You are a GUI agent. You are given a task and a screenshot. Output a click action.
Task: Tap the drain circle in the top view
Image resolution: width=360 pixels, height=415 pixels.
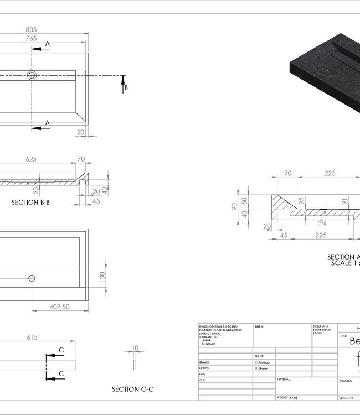32,75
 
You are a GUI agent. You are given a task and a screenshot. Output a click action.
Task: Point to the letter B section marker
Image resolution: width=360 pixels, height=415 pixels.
126,87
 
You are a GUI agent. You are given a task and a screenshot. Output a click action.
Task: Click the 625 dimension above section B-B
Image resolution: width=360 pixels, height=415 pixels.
31,159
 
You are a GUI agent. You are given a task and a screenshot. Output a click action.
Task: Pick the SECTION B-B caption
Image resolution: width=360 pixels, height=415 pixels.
30,203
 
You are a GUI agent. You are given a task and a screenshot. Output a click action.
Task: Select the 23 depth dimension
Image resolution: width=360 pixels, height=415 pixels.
35,190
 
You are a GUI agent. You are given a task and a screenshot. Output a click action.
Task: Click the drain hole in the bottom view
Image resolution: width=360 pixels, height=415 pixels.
32,277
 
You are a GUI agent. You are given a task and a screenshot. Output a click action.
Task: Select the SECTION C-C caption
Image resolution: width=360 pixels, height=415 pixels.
132,390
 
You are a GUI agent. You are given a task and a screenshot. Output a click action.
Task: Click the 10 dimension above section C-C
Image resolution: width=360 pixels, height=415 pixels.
134,349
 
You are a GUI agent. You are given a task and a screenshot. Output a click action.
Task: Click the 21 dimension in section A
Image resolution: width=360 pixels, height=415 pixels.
344,201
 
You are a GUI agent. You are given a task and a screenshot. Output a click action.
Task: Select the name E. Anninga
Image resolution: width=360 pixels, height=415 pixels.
263,361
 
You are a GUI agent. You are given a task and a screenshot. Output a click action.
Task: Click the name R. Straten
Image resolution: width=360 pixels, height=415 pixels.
262,367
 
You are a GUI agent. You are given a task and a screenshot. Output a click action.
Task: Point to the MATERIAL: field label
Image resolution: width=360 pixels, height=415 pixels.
283,380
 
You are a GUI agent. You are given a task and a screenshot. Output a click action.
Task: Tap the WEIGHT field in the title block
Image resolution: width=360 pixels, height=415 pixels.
286,398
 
